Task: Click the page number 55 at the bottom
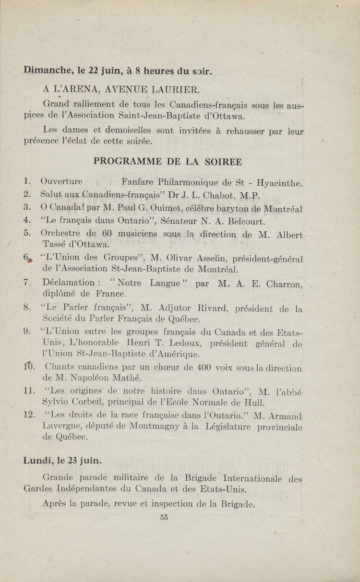[164, 517]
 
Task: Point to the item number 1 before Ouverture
[27, 182]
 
